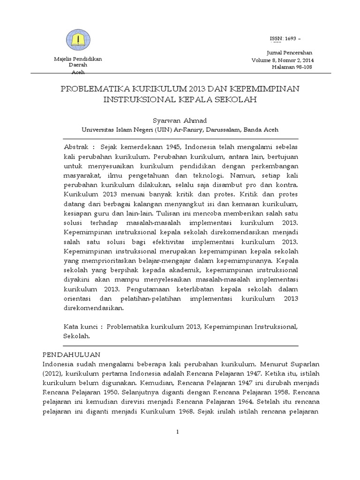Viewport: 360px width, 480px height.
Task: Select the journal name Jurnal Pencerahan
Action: click(x=290, y=52)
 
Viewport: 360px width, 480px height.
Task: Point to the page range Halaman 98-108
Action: click(x=292, y=67)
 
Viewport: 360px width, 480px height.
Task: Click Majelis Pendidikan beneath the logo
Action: click(x=79, y=59)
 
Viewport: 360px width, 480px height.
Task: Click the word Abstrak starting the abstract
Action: click(x=75, y=148)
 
